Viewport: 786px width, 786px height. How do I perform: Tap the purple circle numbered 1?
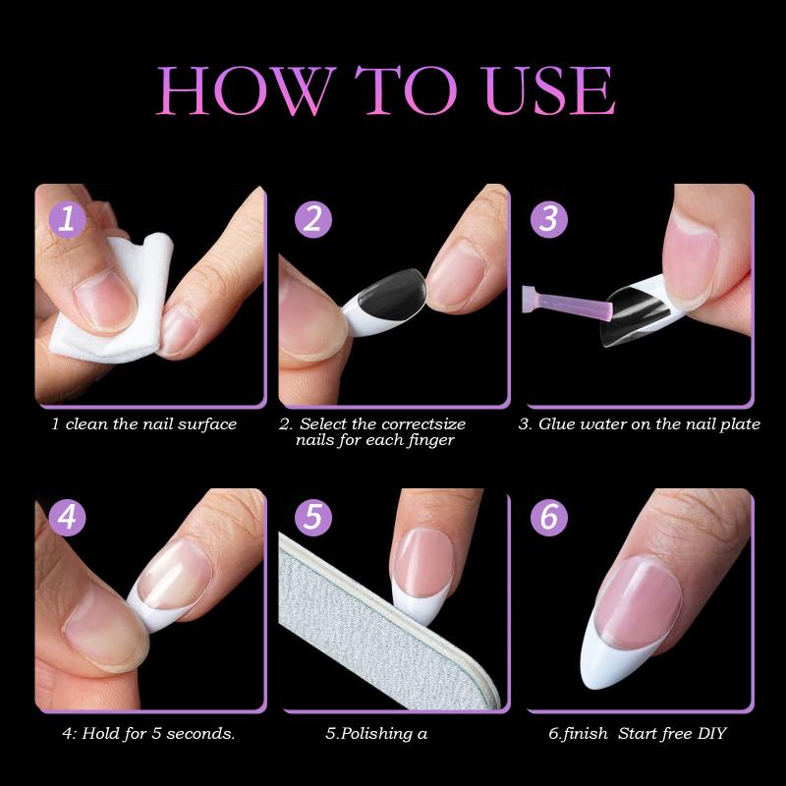coord(67,218)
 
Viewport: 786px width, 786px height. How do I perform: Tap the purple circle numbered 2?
coord(311,218)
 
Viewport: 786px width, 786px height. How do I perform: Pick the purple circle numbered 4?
coord(67,517)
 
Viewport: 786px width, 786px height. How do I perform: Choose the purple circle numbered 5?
coord(311,517)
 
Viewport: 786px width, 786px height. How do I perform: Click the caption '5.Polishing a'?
coord(375,733)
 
